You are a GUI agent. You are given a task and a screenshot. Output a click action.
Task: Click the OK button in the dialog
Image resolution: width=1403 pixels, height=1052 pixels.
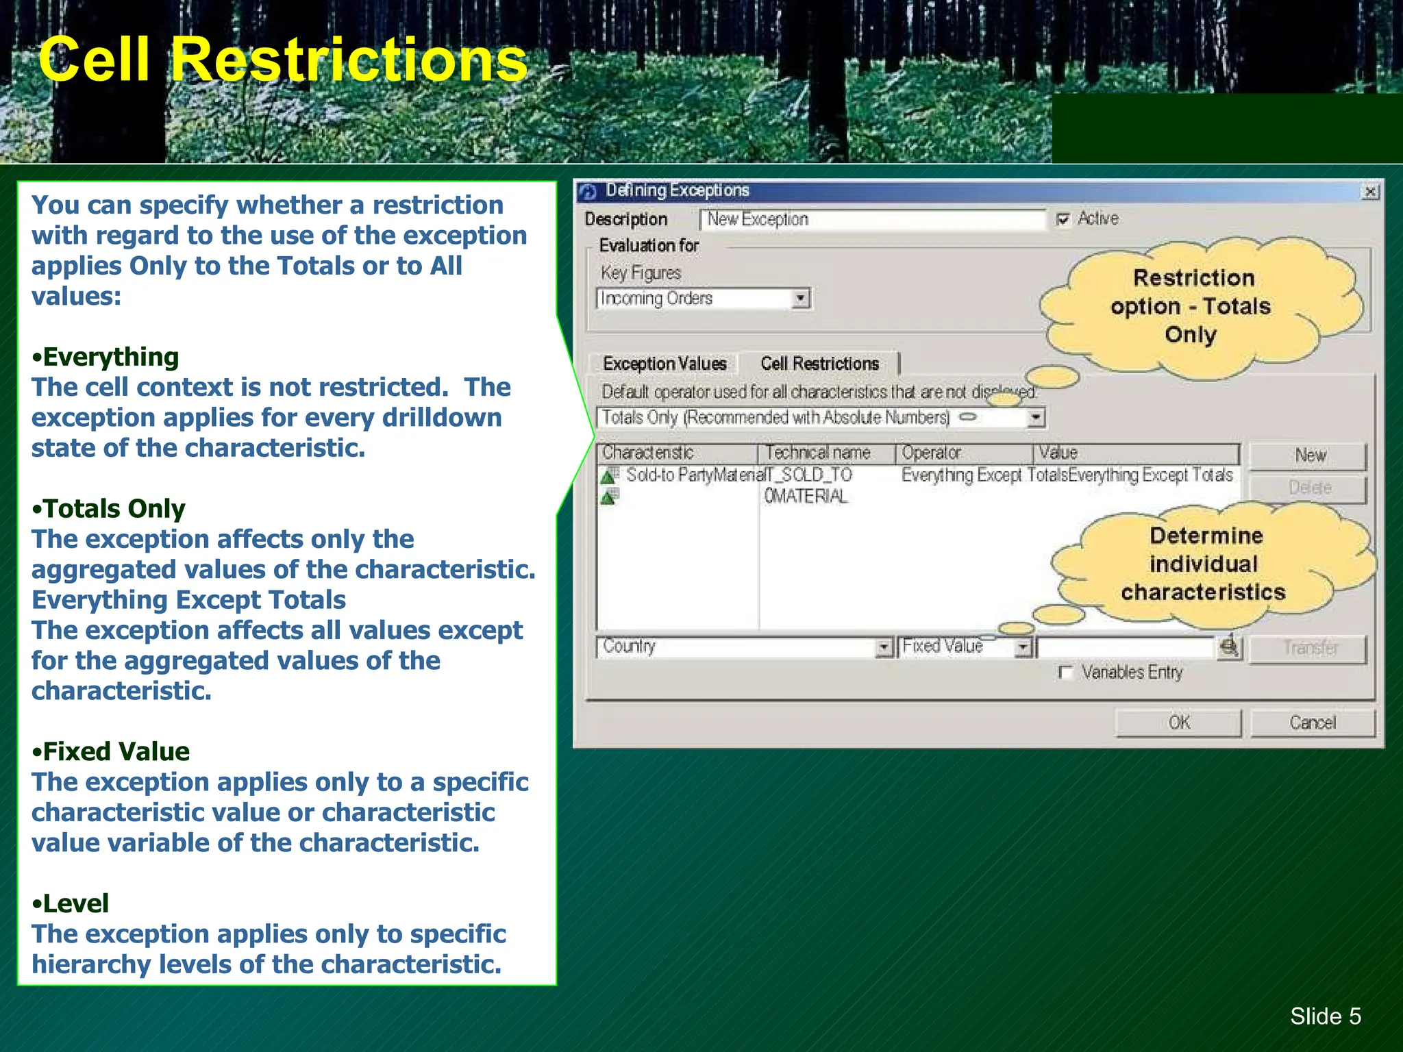pyautogui.click(x=1178, y=723)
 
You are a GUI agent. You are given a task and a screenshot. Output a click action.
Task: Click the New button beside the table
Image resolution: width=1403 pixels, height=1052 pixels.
pyautogui.click(x=1308, y=455)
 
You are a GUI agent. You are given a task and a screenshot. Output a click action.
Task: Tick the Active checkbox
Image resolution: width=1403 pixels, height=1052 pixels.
pyautogui.click(x=1063, y=219)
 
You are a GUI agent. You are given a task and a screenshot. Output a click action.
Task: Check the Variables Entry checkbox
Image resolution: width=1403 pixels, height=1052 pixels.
pyautogui.click(x=1065, y=673)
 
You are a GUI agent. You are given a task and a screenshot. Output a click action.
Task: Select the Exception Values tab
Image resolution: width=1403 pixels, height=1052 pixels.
pyautogui.click(x=664, y=364)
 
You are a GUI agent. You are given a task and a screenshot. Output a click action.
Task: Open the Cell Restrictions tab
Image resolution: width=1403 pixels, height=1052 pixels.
pyautogui.click(x=819, y=364)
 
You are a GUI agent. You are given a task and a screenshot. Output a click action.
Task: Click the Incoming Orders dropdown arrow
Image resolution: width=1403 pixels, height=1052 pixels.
pyautogui.click(x=800, y=299)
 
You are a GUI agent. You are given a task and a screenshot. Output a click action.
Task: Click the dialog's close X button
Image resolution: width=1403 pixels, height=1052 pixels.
pyautogui.click(x=1369, y=192)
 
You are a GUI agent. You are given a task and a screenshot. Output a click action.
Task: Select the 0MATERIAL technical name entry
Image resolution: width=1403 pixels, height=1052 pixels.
pyautogui.click(x=806, y=496)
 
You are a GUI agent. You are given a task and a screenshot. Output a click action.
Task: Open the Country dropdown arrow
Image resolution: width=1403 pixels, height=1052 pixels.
pyautogui.click(x=884, y=647)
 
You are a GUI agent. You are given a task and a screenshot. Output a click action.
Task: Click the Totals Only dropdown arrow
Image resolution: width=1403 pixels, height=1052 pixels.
pyautogui.click(x=1036, y=417)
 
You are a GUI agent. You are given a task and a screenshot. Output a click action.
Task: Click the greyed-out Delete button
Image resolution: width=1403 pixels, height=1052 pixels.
pyautogui.click(x=1308, y=488)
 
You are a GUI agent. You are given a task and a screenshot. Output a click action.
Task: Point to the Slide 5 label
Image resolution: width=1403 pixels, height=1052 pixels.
pyautogui.click(x=1325, y=1016)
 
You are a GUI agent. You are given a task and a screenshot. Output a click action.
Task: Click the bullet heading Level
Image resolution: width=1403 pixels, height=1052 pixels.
pyautogui.click(x=75, y=904)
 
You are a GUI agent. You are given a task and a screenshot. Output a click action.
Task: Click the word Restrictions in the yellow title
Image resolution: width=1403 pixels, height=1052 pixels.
pyautogui.click(x=349, y=60)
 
